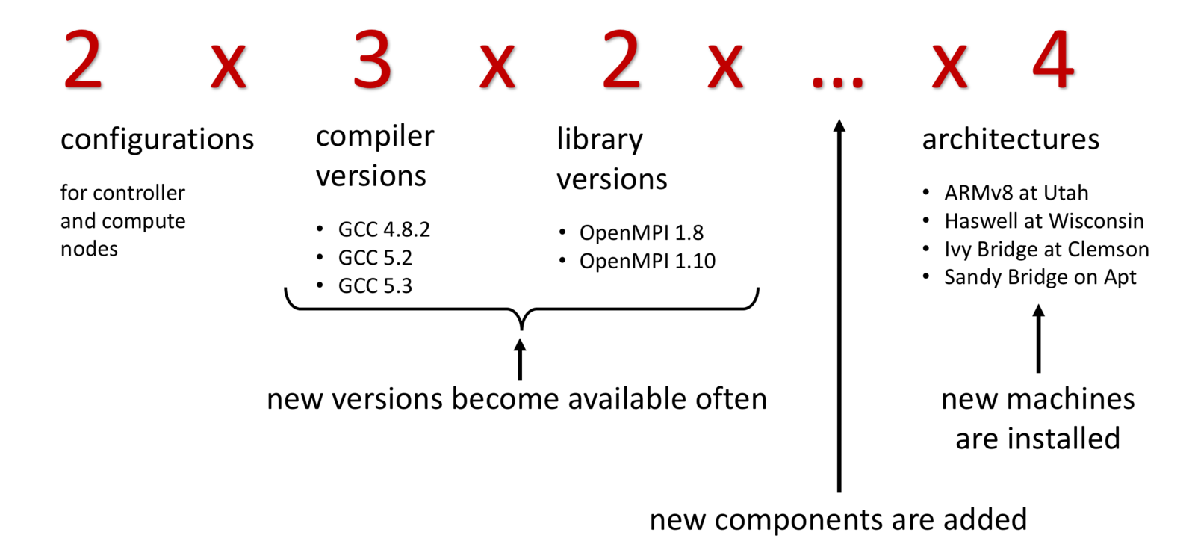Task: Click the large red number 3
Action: pyautogui.click(x=372, y=60)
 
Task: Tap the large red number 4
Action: pyautogui.click(x=1053, y=60)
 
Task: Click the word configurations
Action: pyautogui.click(x=157, y=140)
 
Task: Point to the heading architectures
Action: pyautogui.click(x=1011, y=140)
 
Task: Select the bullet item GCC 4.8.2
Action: pyautogui.click(x=384, y=229)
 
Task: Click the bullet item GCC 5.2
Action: pyautogui.click(x=375, y=258)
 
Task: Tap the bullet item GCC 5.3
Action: pyautogui.click(x=375, y=286)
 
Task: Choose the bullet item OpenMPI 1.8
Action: pyautogui.click(x=641, y=233)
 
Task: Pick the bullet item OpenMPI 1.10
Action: pyautogui.click(x=647, y=262)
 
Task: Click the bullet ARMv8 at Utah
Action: pyautogui.click(x=1016, y=193)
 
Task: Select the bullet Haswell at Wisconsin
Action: pyautogui.click(x=1043, y=221)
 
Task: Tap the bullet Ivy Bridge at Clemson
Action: pyautogui.click(x=1046, y=250)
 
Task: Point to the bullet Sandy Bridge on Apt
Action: pyautogui.click(x=1040, y=277)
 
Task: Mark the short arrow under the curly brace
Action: pyautogui.click(x=520, y=359)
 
